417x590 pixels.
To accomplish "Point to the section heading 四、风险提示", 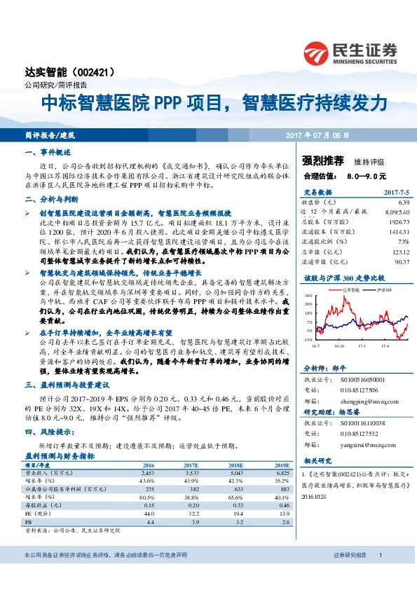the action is point(49,432).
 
